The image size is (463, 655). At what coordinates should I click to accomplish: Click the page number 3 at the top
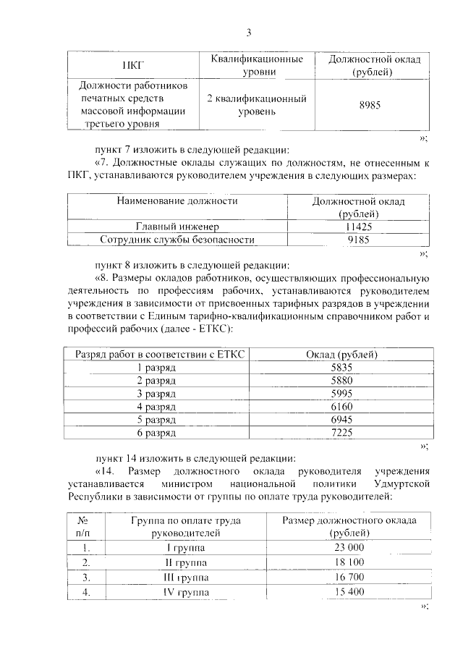pos(248,33)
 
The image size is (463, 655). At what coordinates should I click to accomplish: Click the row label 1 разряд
pos(157,368)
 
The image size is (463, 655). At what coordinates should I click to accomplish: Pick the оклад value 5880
pos(340,380)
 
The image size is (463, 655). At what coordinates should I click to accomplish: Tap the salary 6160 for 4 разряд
pos(340,406)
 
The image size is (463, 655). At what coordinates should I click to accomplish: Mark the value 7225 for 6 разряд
pos(340,432)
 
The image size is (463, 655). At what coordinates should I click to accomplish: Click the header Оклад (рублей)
pos(340,354)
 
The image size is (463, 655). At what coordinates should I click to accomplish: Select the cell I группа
pos(185,547)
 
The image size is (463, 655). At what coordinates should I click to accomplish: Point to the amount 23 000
pos(349,547)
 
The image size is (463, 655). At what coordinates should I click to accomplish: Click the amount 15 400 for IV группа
pos(349,592)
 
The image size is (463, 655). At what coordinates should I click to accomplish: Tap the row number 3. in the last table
pos(86,577)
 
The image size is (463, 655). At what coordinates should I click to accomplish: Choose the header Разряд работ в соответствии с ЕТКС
pos(157,354)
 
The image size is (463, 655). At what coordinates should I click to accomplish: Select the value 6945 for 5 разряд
pos(340,419)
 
